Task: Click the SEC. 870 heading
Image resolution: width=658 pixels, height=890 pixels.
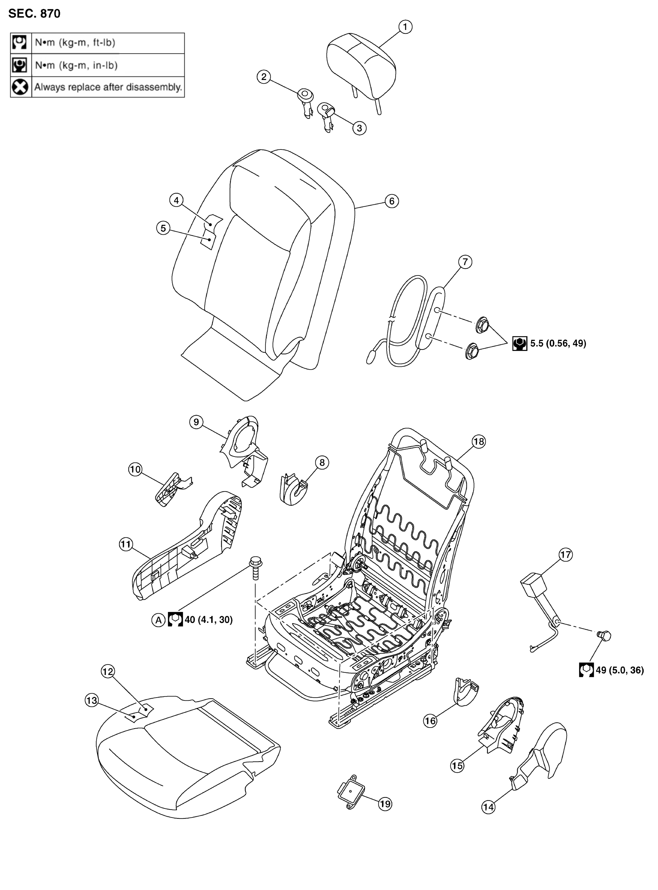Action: pos(34,14)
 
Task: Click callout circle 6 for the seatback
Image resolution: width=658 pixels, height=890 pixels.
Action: pos(391,201)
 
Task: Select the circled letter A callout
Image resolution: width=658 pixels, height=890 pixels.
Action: pos(158,620)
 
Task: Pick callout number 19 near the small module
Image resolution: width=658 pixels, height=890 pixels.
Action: pos(385,804)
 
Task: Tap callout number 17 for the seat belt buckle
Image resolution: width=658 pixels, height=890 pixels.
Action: pos(566,555)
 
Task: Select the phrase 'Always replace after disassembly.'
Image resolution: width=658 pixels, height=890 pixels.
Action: pos(108,87)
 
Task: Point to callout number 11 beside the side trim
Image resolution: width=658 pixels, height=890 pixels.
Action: pos(126,544)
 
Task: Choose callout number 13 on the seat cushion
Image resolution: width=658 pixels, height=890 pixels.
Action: pos(92,700)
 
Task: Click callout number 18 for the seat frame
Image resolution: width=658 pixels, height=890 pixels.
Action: pos(479,442)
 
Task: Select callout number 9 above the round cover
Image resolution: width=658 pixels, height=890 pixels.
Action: pos(196,422)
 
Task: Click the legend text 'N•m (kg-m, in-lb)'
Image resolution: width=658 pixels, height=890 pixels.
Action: pos(76,65)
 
